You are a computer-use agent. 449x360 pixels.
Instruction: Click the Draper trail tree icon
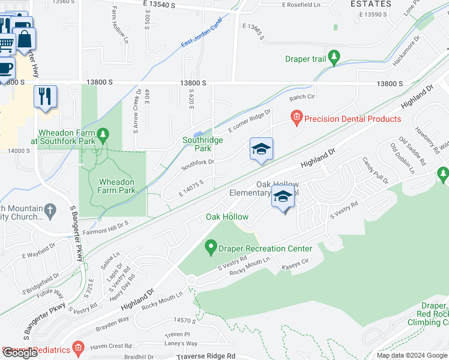click(334, 58)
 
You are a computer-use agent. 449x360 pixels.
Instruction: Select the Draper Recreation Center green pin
click(210, 246)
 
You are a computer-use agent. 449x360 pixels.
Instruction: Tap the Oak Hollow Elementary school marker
click(283, 198)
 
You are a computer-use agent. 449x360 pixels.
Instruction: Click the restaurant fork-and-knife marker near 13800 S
click(45, 97)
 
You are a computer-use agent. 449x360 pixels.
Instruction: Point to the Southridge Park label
click(203, 144)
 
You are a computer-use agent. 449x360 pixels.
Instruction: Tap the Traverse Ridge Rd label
click(205, 356)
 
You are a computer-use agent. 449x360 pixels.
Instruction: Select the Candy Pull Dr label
click(375, 170)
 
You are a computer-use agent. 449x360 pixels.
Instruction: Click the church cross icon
click(50, 210)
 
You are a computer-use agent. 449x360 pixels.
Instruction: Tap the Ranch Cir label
click(302, 97)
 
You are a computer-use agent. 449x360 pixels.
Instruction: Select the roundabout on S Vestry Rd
click(192, 280)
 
